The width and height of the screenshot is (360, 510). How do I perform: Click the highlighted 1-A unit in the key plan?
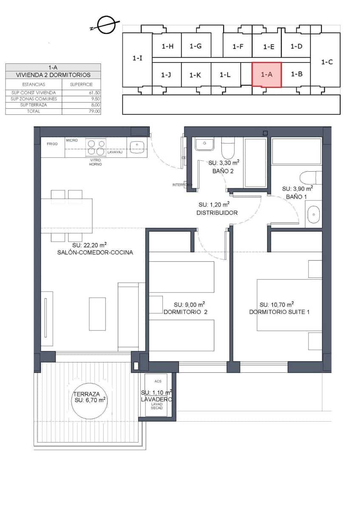pyautogui.click(x=266, y=74)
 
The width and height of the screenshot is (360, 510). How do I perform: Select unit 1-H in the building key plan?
pyautogui.click(x=167, y=46)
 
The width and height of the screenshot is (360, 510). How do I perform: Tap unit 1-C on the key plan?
pyautogui.click(x=326, y=62)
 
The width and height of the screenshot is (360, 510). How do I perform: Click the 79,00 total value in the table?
pyautogui.click(x=94, y=111)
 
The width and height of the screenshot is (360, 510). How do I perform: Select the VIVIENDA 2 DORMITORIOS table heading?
pyautogui.click(x=53, y=75)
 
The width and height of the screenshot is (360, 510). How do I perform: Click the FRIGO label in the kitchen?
pyautogui.click(x=52, y=144)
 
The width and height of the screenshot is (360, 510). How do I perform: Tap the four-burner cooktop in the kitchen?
pyautogui.click(x=96, y=147)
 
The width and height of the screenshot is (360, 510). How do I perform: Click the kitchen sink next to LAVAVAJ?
pyautogui.click(x=137, y=147)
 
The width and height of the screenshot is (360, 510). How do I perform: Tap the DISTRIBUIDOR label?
pyautogui.click(x=217, y=212)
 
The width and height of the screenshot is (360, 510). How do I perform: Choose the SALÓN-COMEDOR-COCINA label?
pyautogui.click(x=95, y=252)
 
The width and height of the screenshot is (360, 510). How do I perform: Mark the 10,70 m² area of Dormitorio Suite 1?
pyautogui.click(x=277, y=304)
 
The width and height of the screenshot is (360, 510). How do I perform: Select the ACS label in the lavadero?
pyautogui.click(x=158, y=381)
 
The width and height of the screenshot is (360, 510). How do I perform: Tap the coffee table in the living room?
pyautogui.click(x=97, y=314)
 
